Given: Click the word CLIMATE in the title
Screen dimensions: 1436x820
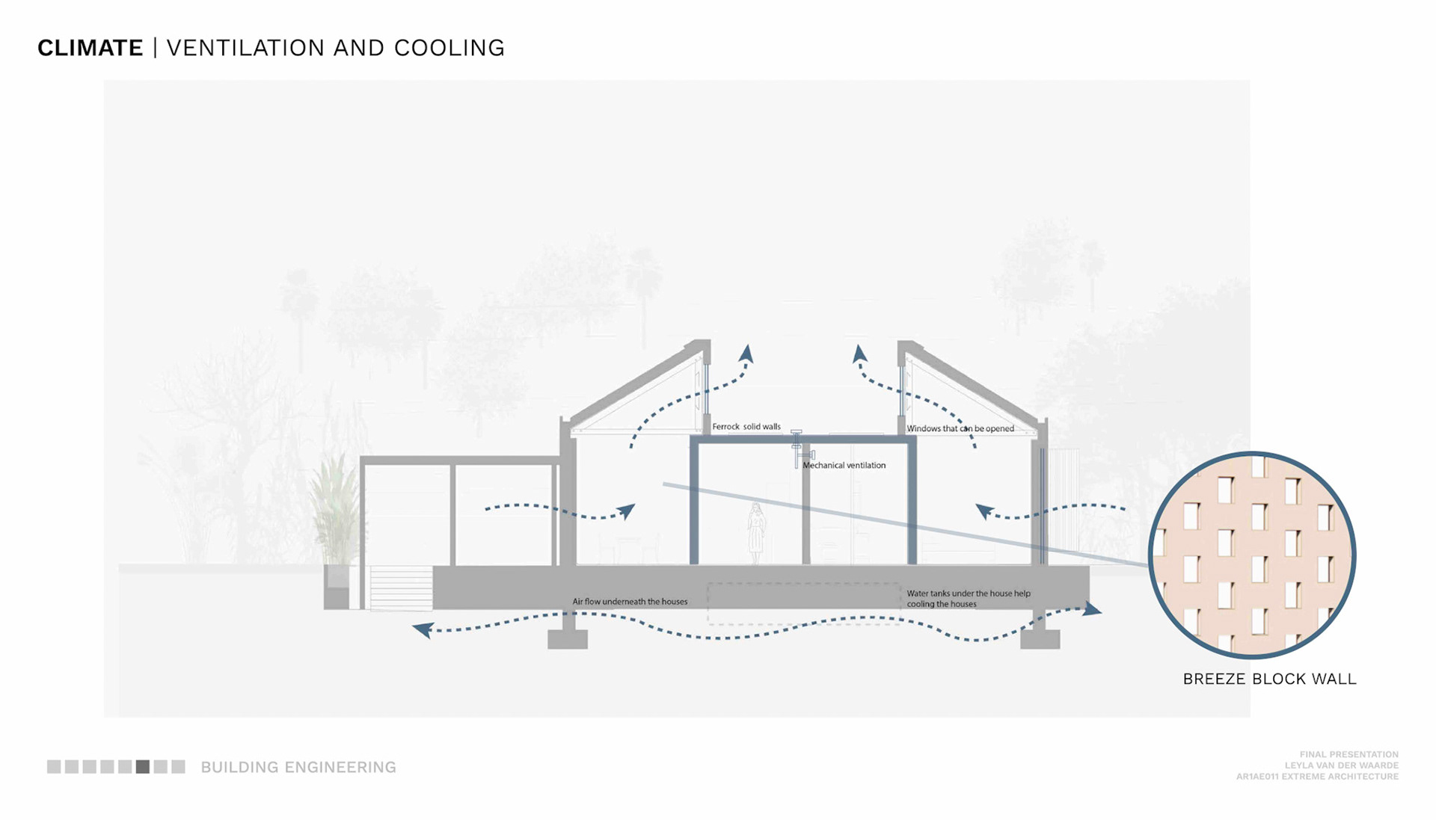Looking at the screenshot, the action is tap(90, 48).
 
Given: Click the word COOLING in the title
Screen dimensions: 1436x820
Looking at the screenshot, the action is tap(449, 48).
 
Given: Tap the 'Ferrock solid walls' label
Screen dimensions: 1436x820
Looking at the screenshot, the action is tap(746, 427).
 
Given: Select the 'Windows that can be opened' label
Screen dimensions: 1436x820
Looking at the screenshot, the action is tap(960, 428).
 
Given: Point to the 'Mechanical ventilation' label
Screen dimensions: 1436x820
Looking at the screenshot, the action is tap(844, 465).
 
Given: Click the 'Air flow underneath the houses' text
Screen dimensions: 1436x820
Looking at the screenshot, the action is tap(630, 601).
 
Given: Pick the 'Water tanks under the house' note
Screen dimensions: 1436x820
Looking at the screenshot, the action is tap(968, 598).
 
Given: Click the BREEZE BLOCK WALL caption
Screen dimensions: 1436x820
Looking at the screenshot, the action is tap(1269, 679).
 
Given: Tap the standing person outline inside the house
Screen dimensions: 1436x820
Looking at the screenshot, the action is tap(756, 532).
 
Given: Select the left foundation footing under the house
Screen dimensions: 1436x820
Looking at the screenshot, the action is tap(568, 638).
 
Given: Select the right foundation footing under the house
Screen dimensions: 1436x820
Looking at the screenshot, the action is tap(1040, 638).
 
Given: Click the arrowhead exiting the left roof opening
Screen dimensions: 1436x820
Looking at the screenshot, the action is tap(746, 354).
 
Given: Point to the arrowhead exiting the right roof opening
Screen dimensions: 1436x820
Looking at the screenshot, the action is tap(859, 354).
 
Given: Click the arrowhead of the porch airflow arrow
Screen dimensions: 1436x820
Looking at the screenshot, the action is tap(626, 511).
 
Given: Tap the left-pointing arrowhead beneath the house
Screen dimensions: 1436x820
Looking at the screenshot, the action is tap(423, 630).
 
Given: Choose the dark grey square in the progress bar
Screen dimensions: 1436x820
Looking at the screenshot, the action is tap(142, 766).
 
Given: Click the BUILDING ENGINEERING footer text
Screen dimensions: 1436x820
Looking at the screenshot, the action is tap(298, 767).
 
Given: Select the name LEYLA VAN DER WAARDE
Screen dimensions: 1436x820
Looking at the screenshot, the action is tap(1342, 765).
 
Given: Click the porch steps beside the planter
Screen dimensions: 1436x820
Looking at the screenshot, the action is tap(402, 588).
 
